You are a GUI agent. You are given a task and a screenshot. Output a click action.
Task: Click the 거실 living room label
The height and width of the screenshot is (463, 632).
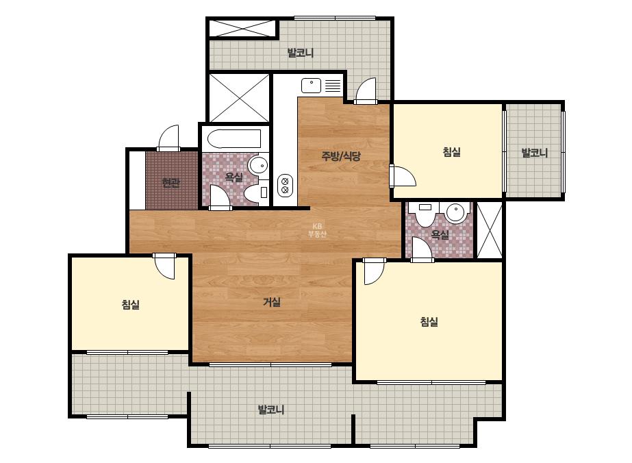click(x=272, y=301)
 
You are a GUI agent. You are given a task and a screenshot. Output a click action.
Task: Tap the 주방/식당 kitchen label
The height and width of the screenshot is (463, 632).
click(x=340, y=155)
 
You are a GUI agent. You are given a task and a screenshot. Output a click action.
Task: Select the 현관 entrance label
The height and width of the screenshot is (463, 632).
click(x=170, y=183)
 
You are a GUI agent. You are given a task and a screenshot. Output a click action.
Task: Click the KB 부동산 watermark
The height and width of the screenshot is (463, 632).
click(x=317, y=230)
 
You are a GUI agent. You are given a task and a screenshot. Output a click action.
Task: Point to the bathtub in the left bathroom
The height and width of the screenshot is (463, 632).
click(x=234, y=139)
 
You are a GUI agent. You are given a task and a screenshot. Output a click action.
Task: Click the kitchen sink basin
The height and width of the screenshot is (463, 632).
click(x=311, y=86)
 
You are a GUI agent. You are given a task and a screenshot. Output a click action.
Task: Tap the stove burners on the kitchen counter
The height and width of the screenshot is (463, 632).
click(x=285, y=186)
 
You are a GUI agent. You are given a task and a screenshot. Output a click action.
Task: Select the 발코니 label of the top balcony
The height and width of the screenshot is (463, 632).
click(x=301, y=53)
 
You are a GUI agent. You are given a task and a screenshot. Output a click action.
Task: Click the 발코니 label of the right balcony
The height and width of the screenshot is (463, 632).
click(x=535, y=153)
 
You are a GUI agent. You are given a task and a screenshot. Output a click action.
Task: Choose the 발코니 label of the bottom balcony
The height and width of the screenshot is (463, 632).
click(x=271, y=410)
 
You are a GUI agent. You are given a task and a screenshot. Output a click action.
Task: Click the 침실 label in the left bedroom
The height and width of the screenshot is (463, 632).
click(x=131, y=304)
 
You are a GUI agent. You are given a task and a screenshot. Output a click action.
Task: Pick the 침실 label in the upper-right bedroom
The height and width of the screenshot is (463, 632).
click(x=451, y=151)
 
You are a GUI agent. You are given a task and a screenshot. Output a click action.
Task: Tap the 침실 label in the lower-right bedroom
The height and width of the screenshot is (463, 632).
click(x=429, y=321)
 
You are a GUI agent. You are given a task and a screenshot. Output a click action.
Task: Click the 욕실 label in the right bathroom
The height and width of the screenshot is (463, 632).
click(x=440, y=234)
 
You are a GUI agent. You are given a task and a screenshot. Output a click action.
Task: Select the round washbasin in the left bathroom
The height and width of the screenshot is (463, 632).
click(x=257, y=165)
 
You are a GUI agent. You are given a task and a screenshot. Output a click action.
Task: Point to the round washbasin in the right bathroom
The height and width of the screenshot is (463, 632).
click(x=456, y=212)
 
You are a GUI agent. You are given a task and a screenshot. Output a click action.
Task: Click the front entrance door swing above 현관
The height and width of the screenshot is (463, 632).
click(x=168, y=138)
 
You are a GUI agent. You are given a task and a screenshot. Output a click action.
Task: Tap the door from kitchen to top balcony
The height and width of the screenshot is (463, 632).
click(x=366, y=90)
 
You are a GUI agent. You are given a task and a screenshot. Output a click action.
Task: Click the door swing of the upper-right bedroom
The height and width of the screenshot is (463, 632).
click(x=403, y=176)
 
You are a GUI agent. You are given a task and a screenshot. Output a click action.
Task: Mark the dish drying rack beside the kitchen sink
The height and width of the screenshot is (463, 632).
click(x=333, y=86)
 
